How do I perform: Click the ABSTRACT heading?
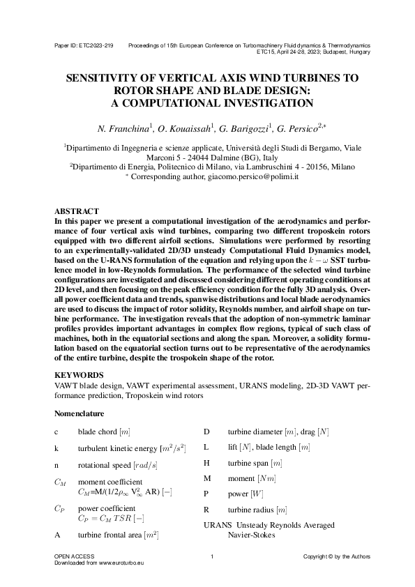pos(76,211)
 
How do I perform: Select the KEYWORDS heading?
pos(78,374)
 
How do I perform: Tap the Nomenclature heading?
pos(80,413)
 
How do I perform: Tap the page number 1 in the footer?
pos(212,556)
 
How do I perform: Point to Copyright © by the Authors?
pos(337,556)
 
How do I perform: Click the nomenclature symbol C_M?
pos(60,482)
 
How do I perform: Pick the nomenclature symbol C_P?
pos(60,509)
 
